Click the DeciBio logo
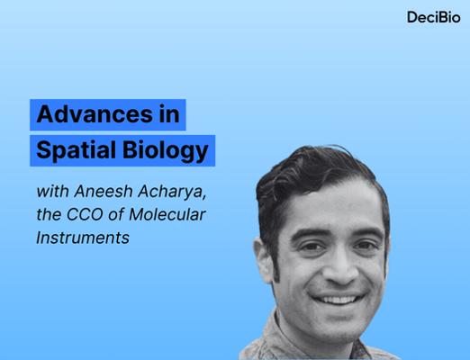(x=434, y=17)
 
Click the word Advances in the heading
(x=95, y=114)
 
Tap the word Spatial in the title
(x=76, y=150)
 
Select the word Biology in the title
(x=166, y=150)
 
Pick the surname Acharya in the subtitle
(x=172, y=192)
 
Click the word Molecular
(x=167, y=214)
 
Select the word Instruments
(x=83, y=238)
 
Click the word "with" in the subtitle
(x=53, y=191)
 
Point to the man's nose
(x=340, y=267)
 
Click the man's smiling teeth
(x=339, y=300)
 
